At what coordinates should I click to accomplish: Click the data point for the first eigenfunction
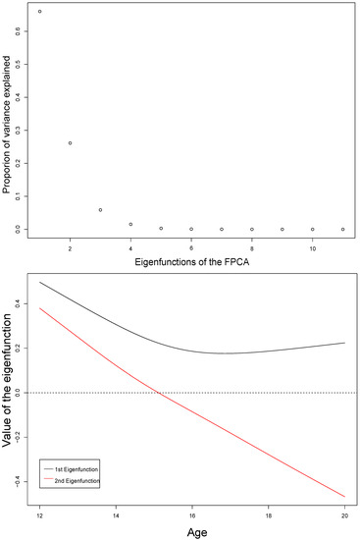(x=39, y=12)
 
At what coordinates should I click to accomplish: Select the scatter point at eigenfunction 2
(x=70, y=143)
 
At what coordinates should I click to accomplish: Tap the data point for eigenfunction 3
(x=100, y=210)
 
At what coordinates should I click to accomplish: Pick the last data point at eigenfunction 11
(x=342, y=229)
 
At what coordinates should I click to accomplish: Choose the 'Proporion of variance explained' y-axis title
(x=7, y=123)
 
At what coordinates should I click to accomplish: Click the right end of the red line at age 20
(x=343, y=497)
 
